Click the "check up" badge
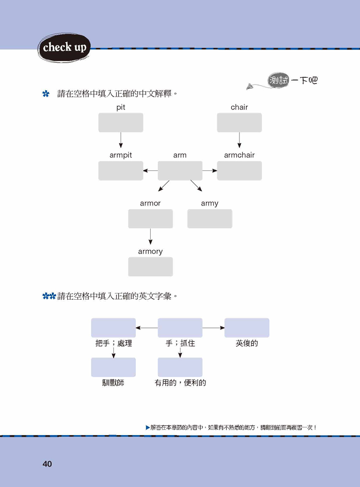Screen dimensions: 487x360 (64, 47)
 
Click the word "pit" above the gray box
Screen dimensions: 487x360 (120, 107)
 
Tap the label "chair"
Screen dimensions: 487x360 (239, 107)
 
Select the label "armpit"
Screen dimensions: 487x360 (120, 155)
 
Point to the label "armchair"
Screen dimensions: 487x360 (239, 155)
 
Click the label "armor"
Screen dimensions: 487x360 (150, 203)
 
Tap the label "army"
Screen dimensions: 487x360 (210, 203)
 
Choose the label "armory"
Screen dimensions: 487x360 (150, 251)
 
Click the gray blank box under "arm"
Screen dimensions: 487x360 (180, 170)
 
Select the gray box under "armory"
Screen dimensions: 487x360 (150, 267)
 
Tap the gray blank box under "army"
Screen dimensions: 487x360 (210, 219)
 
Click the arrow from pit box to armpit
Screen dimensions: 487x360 (120, 140)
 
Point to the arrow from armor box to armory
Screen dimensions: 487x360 (150, 236)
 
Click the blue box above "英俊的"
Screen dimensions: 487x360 (247, 328)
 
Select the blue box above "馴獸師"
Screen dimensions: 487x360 (113, 367)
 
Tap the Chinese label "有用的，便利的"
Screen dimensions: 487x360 (180, 383)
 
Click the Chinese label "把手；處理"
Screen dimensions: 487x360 (113, 343)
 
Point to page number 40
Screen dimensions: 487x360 (47, 464)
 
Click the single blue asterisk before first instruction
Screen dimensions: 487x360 (46, 94)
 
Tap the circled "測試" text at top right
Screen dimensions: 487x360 (279, 81)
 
